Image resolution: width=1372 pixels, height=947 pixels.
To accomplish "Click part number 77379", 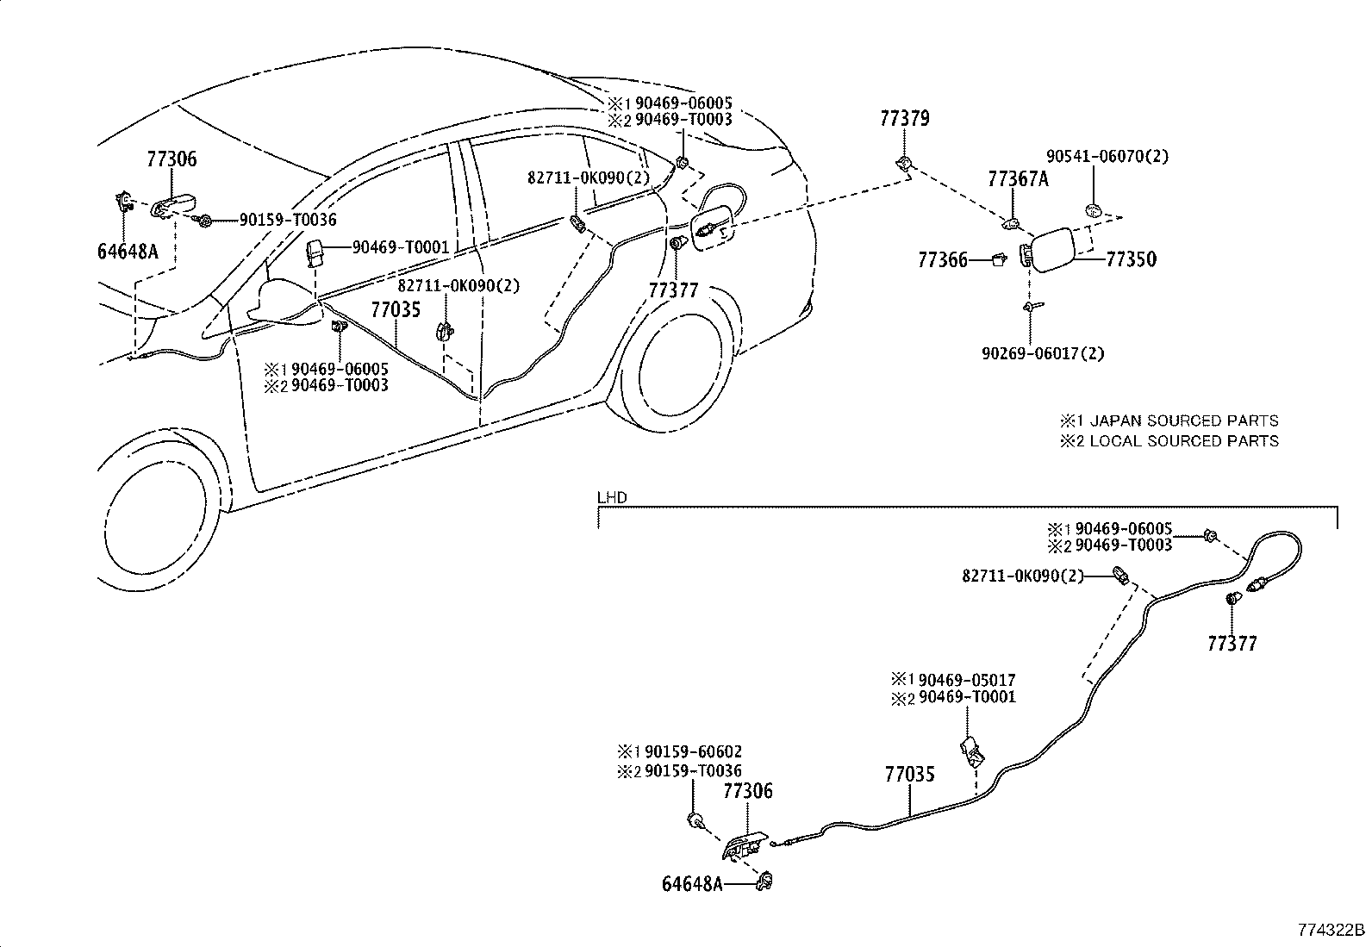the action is (905, 118).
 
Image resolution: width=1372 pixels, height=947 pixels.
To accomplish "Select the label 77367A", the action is (1018, 179).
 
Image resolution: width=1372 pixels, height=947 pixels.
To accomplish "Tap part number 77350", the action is (1132, 259).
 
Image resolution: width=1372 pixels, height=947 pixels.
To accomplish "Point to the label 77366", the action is (943, 260).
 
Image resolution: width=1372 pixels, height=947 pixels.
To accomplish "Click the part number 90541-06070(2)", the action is (1107, 156).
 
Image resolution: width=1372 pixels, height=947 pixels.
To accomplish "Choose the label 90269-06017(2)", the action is (1043, 353).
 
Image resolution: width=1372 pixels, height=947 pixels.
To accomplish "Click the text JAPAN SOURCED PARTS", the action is (1184, 421).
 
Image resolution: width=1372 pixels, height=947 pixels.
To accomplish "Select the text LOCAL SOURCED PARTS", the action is (1184, 441).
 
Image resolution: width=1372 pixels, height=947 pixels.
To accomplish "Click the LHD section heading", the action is (613, 497).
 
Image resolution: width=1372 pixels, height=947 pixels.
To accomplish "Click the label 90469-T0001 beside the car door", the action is (401, 247).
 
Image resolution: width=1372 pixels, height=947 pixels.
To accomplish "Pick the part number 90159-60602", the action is (694, 751).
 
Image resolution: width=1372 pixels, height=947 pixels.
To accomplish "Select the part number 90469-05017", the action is (967, 681).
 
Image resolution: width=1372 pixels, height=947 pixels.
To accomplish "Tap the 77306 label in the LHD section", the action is (748, 791).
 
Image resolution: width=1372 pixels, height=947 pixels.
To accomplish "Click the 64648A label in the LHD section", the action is (692, 884).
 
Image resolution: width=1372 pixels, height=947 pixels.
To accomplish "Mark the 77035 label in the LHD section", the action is (909, 775).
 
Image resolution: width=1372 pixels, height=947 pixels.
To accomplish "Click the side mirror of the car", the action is (285, 302).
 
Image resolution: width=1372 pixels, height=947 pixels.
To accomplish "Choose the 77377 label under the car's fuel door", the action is (674, 290).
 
